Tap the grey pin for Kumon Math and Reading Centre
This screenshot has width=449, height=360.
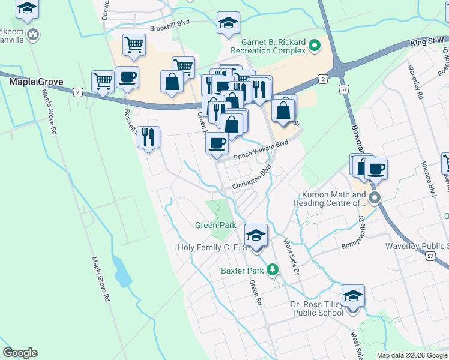[x=375, y=197]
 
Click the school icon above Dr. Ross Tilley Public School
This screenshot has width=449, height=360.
[x=353, y=296]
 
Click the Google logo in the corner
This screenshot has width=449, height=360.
[x=20, y=353]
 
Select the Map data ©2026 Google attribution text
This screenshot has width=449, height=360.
[x=412, y=355]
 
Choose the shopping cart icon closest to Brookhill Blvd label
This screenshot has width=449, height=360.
[x=134, y=44]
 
